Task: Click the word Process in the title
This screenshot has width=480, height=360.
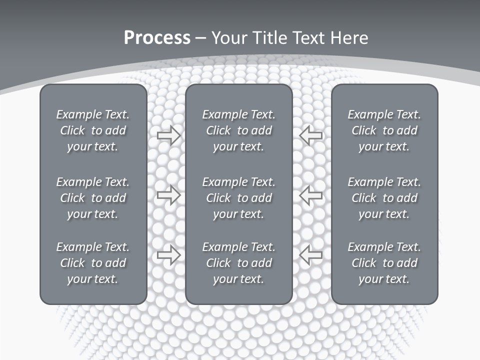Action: (157, 38)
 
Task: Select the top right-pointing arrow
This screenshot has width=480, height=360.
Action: (168, 135)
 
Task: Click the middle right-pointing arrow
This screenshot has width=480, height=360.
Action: (168, 195)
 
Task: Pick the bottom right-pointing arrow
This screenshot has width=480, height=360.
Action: (168, 255)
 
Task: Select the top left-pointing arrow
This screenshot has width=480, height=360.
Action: (311, 135)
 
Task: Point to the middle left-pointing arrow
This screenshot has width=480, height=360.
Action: (311, 195)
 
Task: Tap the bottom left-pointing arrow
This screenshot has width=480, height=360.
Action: (311, 255)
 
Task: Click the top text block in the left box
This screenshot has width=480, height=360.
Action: (93, 130)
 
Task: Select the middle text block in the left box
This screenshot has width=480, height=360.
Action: (93, 198)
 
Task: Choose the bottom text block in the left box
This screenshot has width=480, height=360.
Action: (93, 263)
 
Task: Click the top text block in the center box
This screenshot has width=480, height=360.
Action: (238, 130)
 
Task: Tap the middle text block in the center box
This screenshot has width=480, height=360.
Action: (238, 198)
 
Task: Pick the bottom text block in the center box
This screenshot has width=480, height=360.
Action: (238, 263)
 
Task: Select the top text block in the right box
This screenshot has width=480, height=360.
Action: (384, 130)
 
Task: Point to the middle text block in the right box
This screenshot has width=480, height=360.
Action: (384, 198)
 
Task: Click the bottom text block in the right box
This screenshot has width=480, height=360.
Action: (384, 263)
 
